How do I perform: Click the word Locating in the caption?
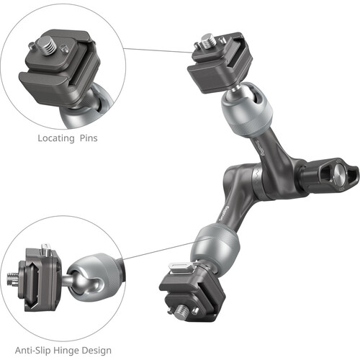coord(56,138)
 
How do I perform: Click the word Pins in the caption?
coord(89,138)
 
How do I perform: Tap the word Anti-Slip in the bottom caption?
coord(32,351)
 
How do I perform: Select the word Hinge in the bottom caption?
coord(66,351)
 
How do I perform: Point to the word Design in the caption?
coord(96,351)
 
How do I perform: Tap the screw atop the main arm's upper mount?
coord(208,41)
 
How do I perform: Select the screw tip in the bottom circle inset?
coord(12,279)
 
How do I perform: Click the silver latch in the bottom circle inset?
coord(45,249)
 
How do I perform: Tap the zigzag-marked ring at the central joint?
coord(256,181)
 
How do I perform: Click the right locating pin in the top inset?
coord(64,48)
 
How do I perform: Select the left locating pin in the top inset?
coord(31,45)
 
